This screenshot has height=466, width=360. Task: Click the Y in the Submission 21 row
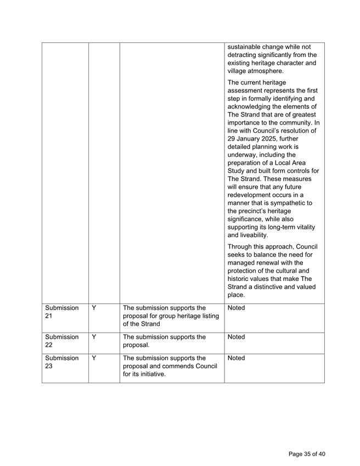(x=94, y=308)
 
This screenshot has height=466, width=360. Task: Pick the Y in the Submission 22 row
(x=94, y=334)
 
